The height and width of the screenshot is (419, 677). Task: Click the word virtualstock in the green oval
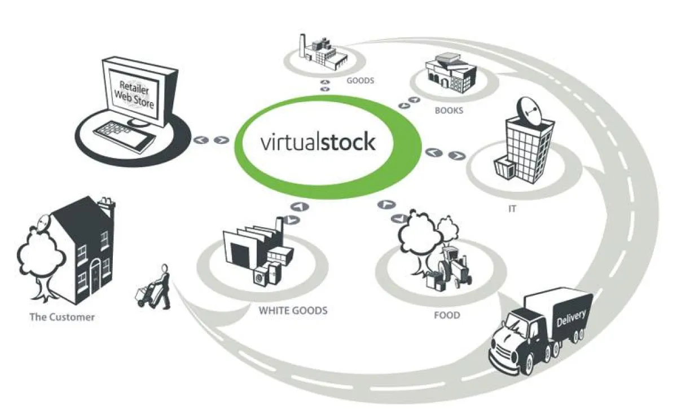coord(318,142)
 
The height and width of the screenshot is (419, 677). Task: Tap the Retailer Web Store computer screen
coord(134,94)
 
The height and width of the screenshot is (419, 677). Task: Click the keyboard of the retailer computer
coord(125,136)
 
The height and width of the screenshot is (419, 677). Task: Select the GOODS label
coord(361,81)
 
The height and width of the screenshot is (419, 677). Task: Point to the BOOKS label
coord(449,111)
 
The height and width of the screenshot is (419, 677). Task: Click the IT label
coord(512,209)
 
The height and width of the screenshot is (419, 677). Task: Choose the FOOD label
coord(447,315)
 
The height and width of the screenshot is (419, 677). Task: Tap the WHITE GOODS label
coord(293,311)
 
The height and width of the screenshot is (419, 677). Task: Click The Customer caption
coord(62,317)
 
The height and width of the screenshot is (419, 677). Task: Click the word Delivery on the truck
coord(571,318)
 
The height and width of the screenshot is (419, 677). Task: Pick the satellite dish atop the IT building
coord(530,112)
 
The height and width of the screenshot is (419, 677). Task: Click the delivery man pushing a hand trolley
coord(154,287)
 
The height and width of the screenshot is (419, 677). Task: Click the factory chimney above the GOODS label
coord(302,45)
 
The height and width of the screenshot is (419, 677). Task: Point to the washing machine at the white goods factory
coord(260,277)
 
